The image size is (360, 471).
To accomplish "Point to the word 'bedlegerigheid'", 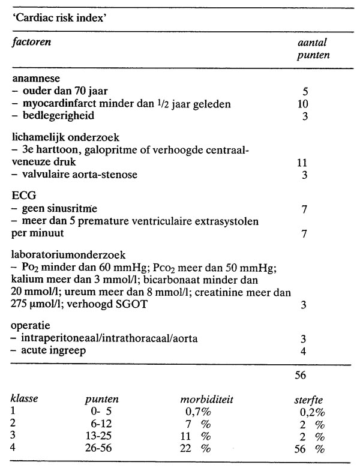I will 51,116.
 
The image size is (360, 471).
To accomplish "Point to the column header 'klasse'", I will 25,398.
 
